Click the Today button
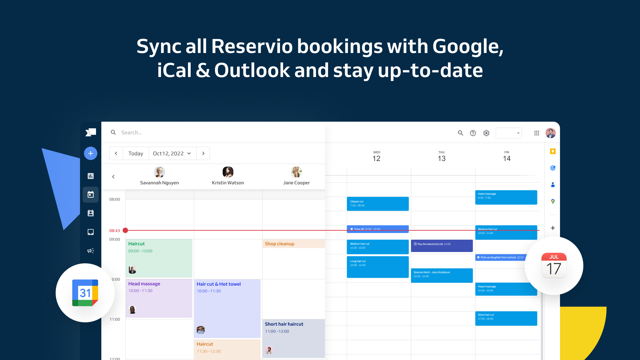tap(136, 153)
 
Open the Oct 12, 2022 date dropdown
tap(172, 153)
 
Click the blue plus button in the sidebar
tap(91, 153)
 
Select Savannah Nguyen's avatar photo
tap(159, 172)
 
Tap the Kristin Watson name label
tap(228, 183)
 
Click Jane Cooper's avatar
tap(296, 172)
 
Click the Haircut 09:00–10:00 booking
tap(159, 258)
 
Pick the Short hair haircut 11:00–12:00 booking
tap(293, 338)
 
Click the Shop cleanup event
tap(293, 244)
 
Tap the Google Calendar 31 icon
tap(85, 293)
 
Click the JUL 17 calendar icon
tap(554, 266)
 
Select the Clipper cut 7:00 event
tap(377, 204)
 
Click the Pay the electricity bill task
tap(441, 246)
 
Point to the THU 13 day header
tap(441, 156)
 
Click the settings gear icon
tap(486, 133)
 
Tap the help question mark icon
tap(473, 133)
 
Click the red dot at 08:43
tap(125, 230)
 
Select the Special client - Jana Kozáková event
tap(441, 275)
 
